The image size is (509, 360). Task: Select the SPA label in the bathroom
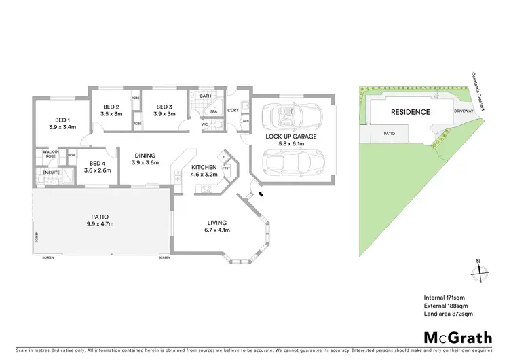[212, 111]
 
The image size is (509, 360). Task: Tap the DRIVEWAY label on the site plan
[463, 115]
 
